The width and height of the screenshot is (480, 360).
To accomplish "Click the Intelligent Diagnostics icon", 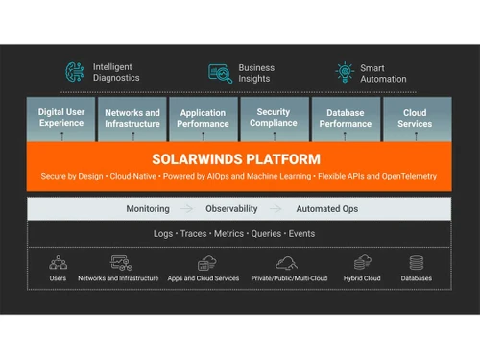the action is pos(74,72).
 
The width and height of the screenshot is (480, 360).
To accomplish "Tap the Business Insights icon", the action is pos(220,73).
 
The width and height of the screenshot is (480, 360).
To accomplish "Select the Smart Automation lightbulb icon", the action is pos(344,73).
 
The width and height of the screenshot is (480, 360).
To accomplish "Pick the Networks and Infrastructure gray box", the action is pos(132,119).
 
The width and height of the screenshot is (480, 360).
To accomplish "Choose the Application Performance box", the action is pos(203,119).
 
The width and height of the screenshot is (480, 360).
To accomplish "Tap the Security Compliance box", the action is pos(275,119).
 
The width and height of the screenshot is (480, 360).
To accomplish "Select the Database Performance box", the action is pos(345,119).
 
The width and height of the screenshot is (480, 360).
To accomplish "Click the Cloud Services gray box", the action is pos(415,119).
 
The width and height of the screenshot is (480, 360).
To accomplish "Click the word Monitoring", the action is pos(148,208).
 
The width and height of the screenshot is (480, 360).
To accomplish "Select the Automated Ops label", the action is pos(326,208).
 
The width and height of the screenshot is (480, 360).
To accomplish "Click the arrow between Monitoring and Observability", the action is pos(187,208).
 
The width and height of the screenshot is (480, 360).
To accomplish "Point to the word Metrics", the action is pos(228,233).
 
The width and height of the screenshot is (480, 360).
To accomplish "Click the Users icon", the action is pos(58,262).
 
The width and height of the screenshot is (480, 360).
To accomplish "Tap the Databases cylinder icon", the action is pos(416,262).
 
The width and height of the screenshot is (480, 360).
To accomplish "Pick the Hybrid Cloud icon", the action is pos(362,262).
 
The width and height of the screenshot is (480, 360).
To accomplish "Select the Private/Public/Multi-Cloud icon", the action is pos(286,262).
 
